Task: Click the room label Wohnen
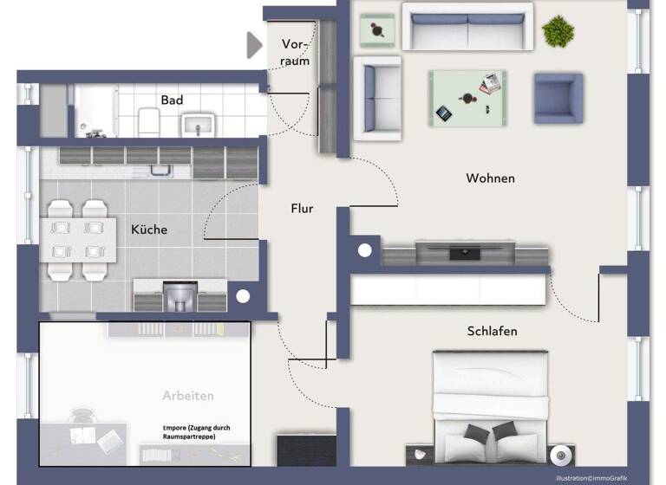point(490,178)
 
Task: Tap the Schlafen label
point(492,331)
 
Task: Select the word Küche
point(149,230)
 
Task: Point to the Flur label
point(302,209)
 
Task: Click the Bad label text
point(172,100)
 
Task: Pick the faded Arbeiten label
point(188,396)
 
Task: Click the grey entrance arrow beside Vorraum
point(255,45)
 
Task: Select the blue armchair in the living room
point(557,98)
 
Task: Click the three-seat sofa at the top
point(468,28)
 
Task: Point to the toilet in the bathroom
point(147,120)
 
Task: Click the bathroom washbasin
point(199,124)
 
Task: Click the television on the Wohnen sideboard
point(467,252)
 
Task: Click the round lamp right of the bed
point(561,455)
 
